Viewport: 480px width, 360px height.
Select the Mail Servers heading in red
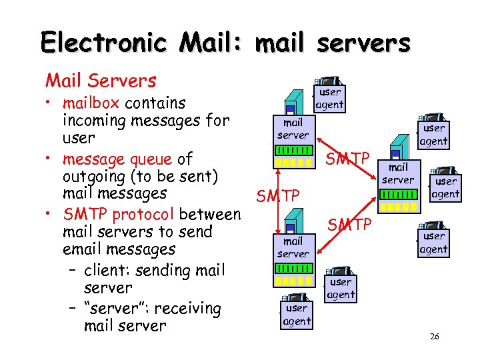tap(101, 81)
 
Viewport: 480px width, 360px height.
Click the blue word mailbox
tap(92, 103)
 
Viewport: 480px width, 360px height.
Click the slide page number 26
tap(434, 337)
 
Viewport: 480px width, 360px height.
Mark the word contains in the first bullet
tap(155, 103)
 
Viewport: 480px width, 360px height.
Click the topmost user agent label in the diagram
tap(329, 98)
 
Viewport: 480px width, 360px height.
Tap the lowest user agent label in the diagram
tap(297, 314)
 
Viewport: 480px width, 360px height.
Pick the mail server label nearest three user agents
tap(398, 173)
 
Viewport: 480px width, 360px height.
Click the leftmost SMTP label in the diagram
tap(278, 196)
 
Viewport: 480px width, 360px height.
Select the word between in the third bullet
tap(210, 215)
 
